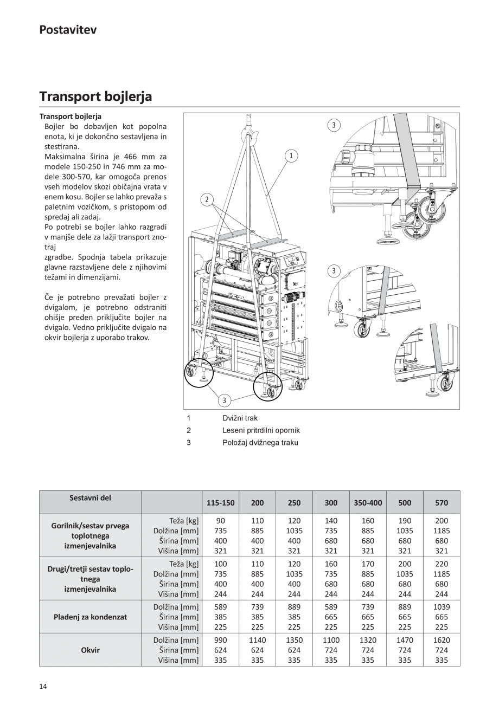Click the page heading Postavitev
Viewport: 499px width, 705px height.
click(68, 30)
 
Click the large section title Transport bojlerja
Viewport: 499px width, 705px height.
click(95, 96)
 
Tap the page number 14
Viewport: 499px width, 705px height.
click(43, 687)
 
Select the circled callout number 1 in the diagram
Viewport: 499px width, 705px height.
click(291, 156)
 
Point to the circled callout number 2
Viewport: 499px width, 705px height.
click(207, 199)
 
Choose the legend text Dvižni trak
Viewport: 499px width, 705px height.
click(240, 418)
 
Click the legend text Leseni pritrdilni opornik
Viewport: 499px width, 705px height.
click(261, 430)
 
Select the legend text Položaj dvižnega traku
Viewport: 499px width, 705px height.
click(260, 442)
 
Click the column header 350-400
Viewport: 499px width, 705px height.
click(368, 502)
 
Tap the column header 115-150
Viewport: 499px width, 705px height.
click(220, 502)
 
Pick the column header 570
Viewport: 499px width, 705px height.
click(442, 502)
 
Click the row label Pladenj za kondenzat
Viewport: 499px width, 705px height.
click(90, 617)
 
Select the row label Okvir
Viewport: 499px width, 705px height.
click(90, 650)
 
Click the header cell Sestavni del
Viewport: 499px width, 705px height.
click(90, 497)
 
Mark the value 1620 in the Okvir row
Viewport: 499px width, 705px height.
click(442, 640)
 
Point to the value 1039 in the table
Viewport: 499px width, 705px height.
click(442, 607)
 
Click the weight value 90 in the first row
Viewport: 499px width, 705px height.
click(220, 521)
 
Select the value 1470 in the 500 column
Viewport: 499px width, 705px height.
click(405, 640)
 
